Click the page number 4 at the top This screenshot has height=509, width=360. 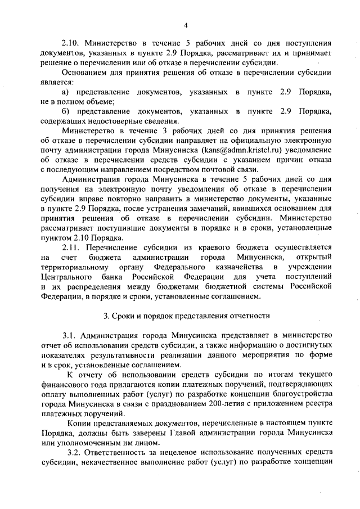tap(185, 24)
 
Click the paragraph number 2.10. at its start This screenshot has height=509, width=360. tap(71, 43)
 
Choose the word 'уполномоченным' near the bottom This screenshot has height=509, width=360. tap(79, 443)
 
